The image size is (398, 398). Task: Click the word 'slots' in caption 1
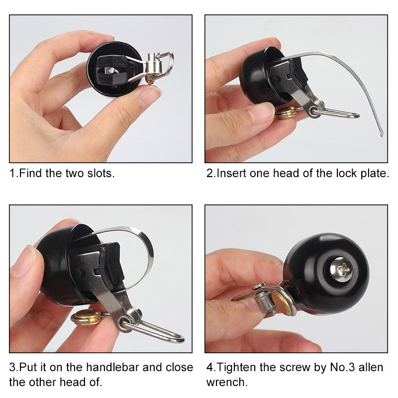101,174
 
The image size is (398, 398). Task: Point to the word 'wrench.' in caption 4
227,383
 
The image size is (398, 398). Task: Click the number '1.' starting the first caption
13,174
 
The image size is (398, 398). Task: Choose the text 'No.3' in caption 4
339,368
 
